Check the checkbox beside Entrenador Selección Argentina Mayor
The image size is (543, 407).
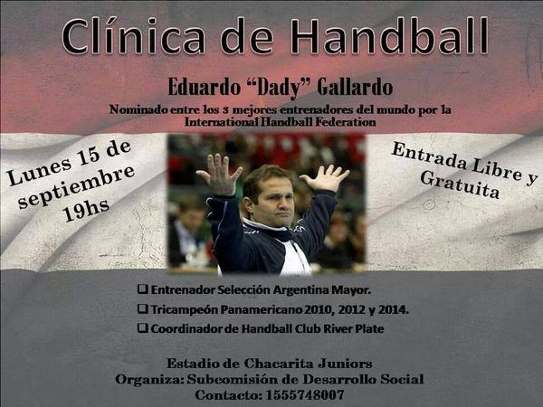pyautogui.click(x=143, y=290)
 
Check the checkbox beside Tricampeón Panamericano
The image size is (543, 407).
pyautogui.click(x=143, y=309)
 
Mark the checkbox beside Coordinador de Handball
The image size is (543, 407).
pyautogui.click(x=143, y=328)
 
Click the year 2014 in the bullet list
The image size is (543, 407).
pyautogui.click(x=393, y=309)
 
